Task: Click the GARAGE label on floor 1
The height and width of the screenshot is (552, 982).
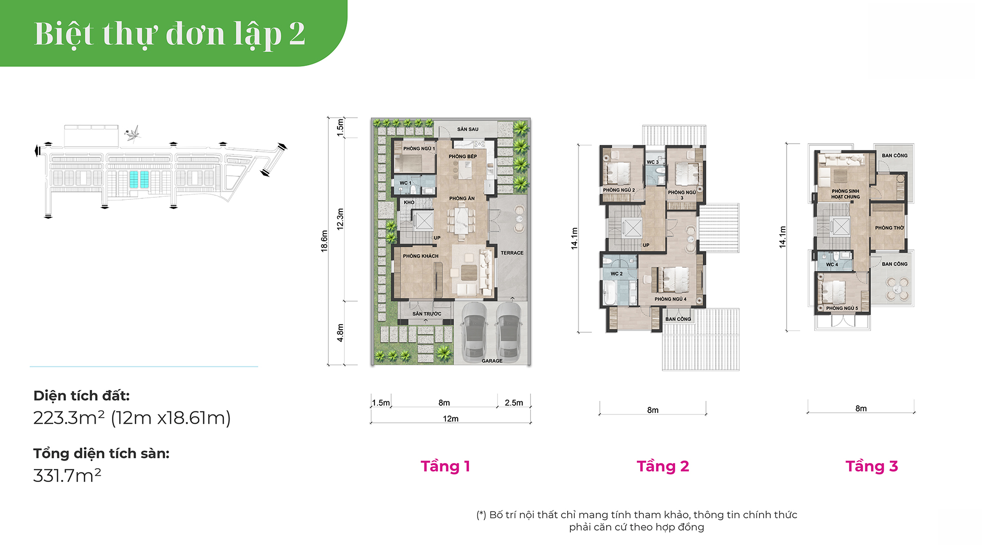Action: (x=492, y=361)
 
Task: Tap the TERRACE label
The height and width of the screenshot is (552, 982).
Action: (x=512, y=253)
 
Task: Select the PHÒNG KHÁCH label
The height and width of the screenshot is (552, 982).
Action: (x=420, y=256)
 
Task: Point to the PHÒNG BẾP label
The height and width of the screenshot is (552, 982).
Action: (x=463, y=156)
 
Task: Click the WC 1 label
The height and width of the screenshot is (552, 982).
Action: (x=406, y=183)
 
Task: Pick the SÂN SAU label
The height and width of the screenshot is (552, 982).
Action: (x=468, y=129)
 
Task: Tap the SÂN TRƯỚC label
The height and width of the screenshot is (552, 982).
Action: (x=427, y=314)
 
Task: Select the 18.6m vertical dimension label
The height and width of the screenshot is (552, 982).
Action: (x=324, y=241)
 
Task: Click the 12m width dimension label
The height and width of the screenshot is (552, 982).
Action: (x=451, y=419)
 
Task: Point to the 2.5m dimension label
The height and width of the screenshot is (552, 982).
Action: (x=514, y=403)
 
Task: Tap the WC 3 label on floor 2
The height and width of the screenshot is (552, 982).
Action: (x=653, y=162)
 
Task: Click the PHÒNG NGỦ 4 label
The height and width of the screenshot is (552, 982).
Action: (x=671, y=299)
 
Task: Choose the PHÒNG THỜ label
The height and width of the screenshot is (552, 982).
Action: (x=889, y=228)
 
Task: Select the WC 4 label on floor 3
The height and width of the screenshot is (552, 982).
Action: (x=832, y=265)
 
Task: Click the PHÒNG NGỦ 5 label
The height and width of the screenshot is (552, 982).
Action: (x=842, y=308)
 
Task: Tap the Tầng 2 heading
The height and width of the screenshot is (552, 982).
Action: (x=663, y=466)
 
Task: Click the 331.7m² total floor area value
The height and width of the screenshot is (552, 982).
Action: (x=67, y=475)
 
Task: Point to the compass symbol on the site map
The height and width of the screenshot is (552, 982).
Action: (x=133, y=133)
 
